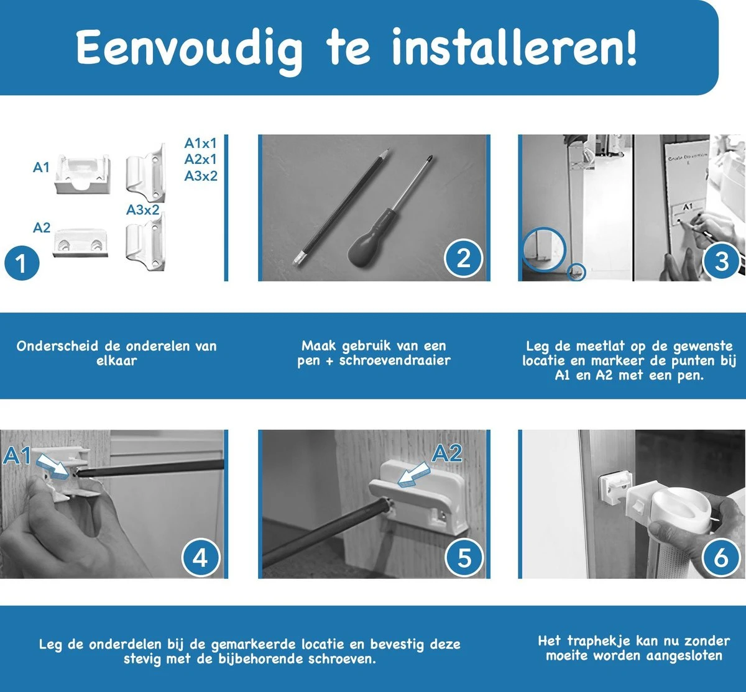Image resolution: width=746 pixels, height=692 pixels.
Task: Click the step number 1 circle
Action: pyautogui.click(x=22, y=263)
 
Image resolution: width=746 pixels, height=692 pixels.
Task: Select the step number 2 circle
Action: pyautogui.click(x=463, y=258)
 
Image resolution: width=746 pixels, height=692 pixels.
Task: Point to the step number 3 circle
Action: pyautogui.click(x=721, y=262)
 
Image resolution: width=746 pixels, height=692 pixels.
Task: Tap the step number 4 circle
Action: pyautogui.click(x=200, y=558)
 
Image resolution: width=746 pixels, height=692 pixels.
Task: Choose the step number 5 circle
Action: pyautogui.click(x=464, y=558)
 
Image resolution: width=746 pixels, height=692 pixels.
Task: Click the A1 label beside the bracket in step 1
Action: pyautogui.click(x=41, y=168)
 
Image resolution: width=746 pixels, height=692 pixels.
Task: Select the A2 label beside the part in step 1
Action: pyautogui.click(x=42, y=228)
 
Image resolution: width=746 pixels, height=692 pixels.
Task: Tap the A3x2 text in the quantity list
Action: pyautogui.click(x=201, y=176)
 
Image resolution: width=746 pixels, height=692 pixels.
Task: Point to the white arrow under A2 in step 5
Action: pyautogui.click(x=413, y=475)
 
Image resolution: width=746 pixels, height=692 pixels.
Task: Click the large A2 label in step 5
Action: pyautogui.click(x=447, y=453)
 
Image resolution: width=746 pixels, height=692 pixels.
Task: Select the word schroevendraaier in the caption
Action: pyautogui.click(x=395, y=361)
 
